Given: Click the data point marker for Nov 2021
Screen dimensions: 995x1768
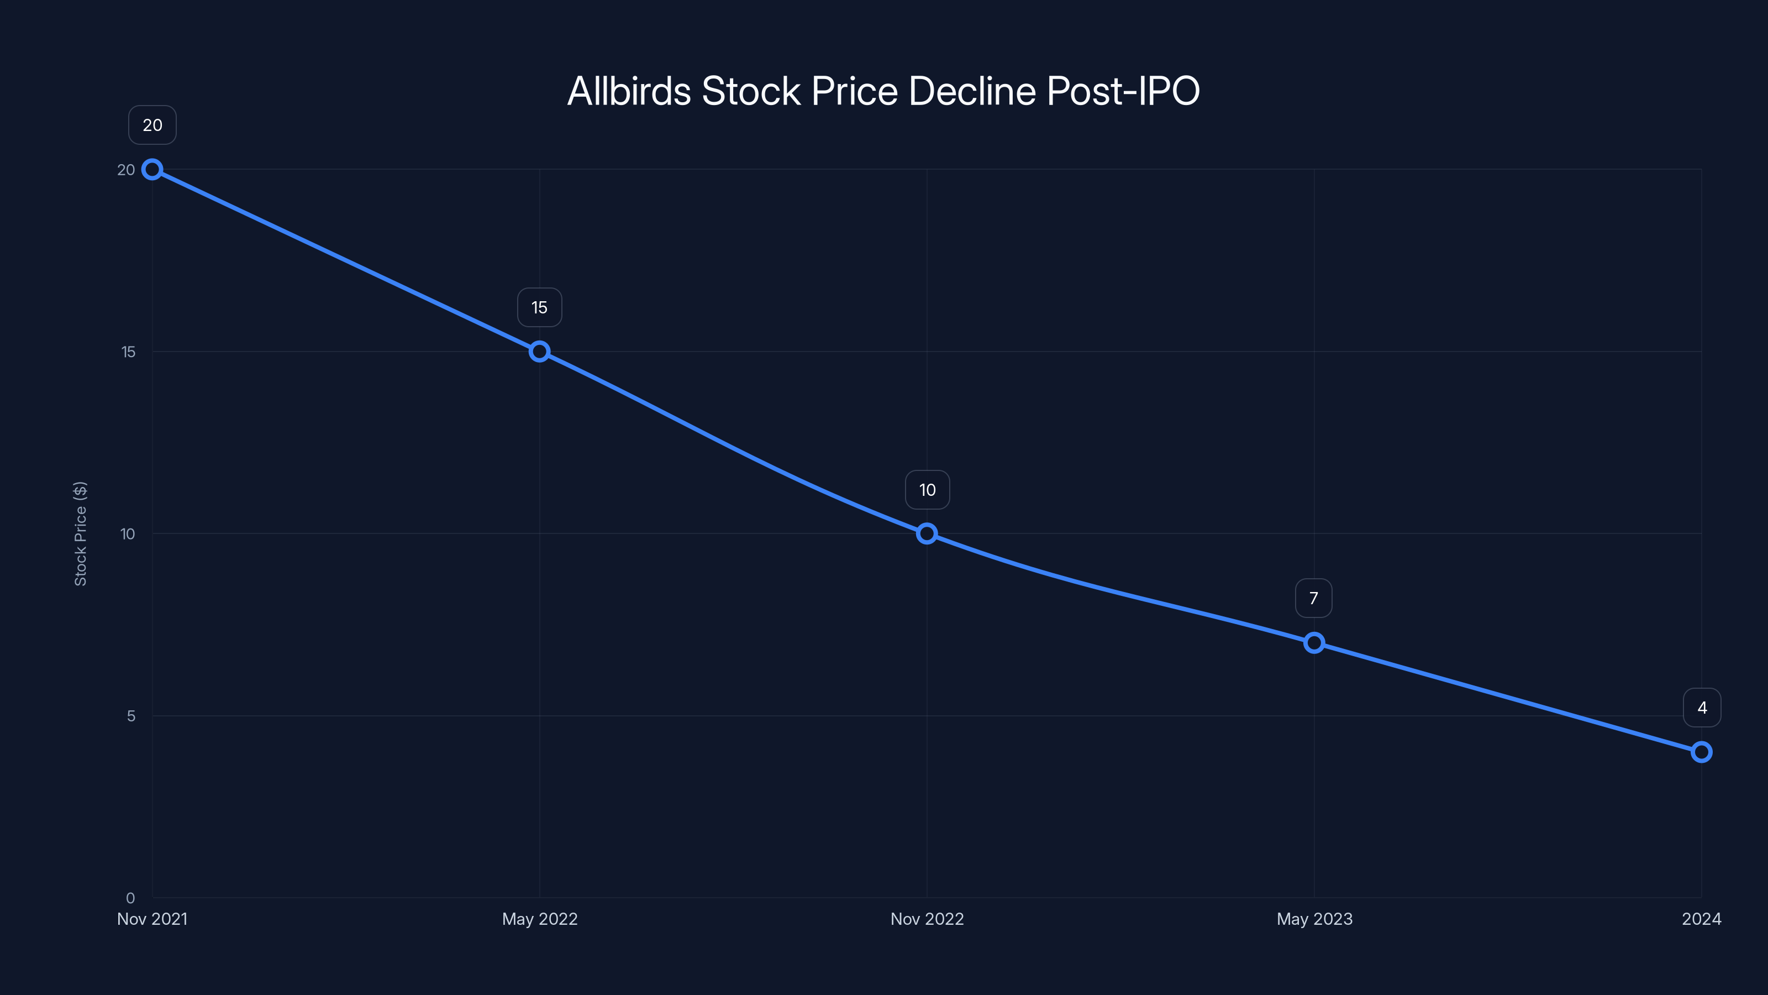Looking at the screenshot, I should tap(152, 170).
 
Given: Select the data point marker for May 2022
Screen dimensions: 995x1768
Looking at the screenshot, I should tap(539, 352).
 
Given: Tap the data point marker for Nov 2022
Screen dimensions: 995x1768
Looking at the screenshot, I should tap(927, 533).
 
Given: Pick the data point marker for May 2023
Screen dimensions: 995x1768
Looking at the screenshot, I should tap(1314, 643).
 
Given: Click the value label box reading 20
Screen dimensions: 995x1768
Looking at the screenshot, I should tap(152, 125).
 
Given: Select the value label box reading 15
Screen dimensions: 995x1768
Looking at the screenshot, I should tap(539, 308).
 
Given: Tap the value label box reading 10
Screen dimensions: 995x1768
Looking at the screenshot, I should tap(927, 490).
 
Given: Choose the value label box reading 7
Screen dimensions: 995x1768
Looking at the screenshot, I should tap(1314, 598).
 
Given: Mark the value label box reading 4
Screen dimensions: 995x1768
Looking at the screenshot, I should tap(1702, 708).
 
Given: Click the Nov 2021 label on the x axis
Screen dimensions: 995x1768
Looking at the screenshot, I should tap(152, 919).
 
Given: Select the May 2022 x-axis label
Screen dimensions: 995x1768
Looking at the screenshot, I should tap(539, 919).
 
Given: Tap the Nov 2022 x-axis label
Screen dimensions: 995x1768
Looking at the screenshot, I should tap(927, 919).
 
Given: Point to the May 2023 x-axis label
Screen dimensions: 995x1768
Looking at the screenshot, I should tap(1314, 919).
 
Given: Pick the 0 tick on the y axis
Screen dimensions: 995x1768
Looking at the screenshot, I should tap(130, 898).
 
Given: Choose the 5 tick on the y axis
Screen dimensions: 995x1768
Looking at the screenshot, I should tap(131, 715).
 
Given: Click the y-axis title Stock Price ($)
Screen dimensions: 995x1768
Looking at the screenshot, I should tap(80, 533).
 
